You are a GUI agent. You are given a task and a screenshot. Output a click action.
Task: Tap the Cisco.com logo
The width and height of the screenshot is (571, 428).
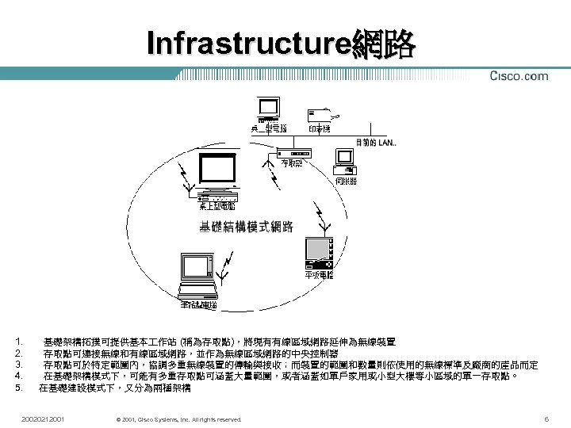tap(519, 76)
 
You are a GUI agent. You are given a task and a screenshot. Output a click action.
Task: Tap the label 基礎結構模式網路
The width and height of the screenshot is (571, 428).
tap(246, 227)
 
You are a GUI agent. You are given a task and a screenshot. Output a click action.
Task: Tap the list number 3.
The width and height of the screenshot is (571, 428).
tap(18, 364)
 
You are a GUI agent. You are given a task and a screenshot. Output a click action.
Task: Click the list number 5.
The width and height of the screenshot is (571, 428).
tap(18, 388)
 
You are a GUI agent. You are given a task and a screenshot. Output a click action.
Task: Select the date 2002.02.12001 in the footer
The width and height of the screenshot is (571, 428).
tap(44, 418)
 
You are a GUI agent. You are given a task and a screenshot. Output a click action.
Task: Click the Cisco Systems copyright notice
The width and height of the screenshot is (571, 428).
tap(178, 418)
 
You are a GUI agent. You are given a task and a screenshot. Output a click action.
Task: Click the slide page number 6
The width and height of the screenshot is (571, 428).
tap(546, 418)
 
